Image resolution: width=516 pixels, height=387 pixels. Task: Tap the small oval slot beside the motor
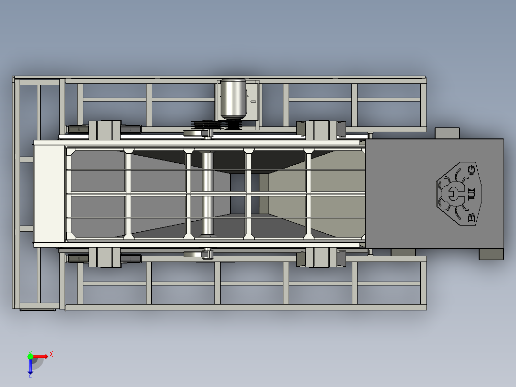pyautogui.click(x=254, y=102)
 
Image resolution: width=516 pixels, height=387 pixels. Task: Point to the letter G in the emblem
pyautogui.click(x=471, y=170)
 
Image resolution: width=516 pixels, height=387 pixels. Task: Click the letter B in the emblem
pyautogui.click(x=471, y=218)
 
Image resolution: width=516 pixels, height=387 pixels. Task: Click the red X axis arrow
pyautogui.click(x=41, y=356)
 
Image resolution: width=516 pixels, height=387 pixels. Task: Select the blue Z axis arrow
pyautogui.click(x=30, y=367)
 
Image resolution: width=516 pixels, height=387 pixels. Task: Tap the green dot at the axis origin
pyautogui.click(x=30, y=356)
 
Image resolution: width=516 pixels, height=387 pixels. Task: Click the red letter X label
pyautogui.click(x=51, y=354)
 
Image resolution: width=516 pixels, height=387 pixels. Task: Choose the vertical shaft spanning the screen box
pyautogui.click(x=207, y=193)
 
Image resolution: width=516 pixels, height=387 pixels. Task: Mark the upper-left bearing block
pyautogui.click(x=105, y=130)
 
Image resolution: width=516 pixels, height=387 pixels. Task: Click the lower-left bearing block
pyautogui.click(x=105, y=257)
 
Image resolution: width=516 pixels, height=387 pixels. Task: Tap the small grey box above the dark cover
pyautogui.click(x=447, y=133)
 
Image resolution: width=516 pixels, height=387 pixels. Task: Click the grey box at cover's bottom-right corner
pyautogui.click(x=491, y=254)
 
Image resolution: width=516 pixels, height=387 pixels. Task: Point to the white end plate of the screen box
pyautogui.click(x=49, y=193)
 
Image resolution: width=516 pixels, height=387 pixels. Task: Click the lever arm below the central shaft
pyautogui.click(x=197, y=254)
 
